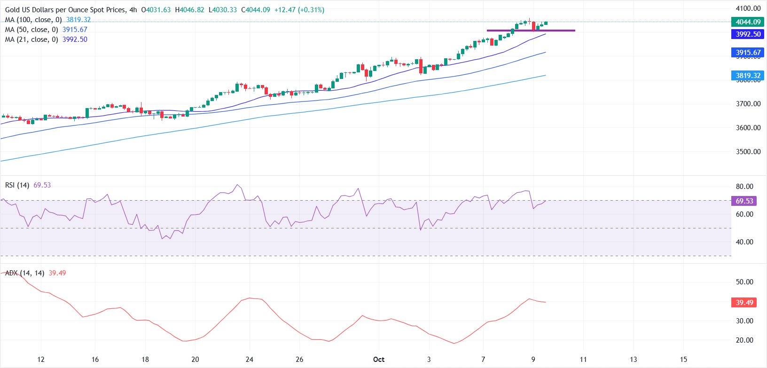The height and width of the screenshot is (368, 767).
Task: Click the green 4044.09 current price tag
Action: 748,22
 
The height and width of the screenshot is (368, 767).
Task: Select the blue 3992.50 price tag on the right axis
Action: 748,34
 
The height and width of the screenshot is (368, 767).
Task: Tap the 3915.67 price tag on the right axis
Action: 748,53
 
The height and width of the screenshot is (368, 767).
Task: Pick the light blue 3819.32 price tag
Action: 748,76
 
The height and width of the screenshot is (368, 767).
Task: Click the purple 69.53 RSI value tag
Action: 744,201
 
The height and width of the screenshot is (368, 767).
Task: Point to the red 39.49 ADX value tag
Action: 744,303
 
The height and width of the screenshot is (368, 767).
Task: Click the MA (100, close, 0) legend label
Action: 33,20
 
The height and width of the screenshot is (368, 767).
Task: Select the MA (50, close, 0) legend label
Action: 31,30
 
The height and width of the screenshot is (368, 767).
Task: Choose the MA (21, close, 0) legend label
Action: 31,39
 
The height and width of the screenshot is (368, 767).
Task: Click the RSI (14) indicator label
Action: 17,185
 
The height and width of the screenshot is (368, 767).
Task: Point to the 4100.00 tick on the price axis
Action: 748,8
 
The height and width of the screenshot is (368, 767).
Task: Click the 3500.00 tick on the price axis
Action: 748,152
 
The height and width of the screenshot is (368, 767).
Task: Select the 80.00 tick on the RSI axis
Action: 744,187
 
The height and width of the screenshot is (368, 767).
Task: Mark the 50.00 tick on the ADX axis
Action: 744,282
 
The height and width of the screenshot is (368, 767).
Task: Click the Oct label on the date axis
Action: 379,360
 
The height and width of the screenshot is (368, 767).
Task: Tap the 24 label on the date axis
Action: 250,360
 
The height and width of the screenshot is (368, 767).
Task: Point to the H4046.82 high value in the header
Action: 189,10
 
